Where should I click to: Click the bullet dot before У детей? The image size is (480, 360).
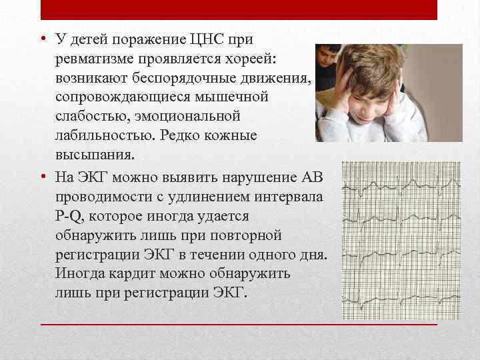point(42,41)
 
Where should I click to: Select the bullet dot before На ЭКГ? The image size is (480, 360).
point(42,178)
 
